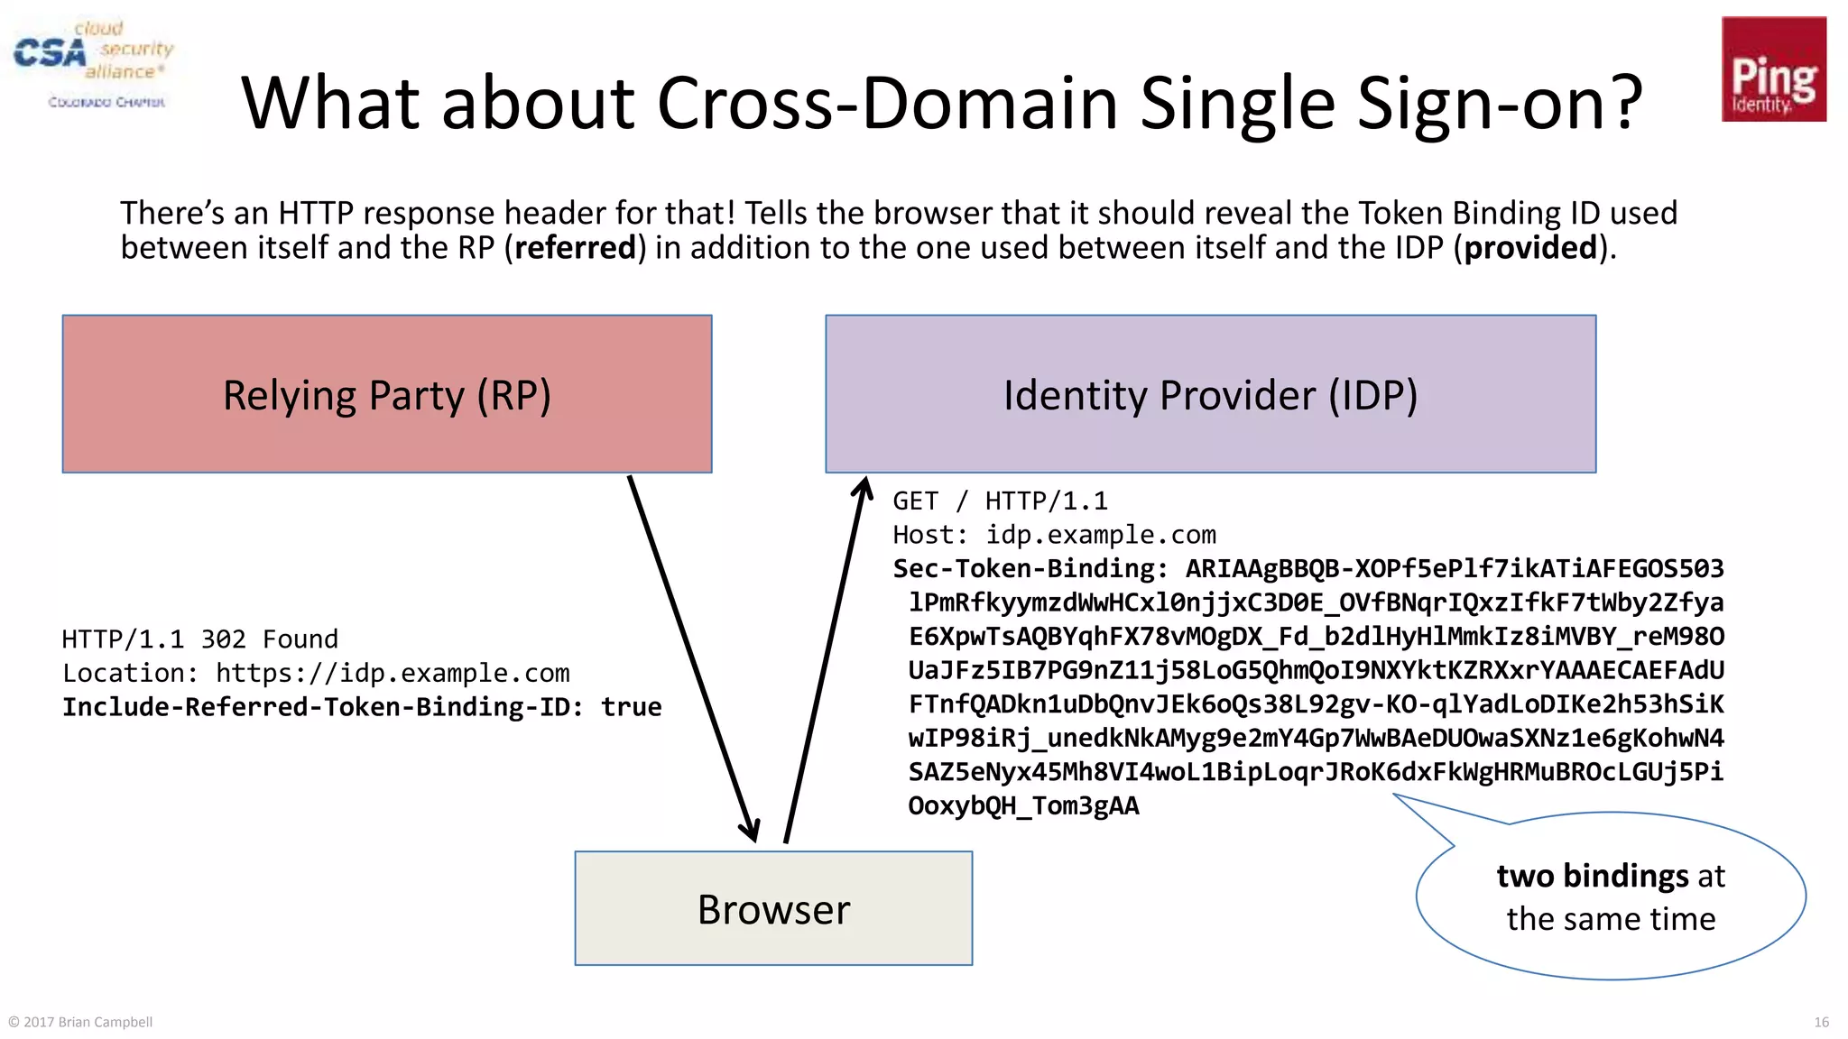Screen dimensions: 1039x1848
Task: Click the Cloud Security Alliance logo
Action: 93,63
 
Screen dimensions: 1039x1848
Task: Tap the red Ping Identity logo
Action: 1773,69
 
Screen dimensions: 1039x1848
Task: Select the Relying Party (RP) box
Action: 387,394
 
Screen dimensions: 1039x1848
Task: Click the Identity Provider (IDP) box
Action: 1210,394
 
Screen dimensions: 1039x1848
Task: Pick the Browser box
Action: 773,908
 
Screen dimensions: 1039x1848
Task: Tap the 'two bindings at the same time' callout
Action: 1611,897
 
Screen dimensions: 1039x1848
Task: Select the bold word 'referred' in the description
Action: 575,248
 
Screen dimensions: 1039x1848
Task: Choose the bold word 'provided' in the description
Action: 1530,248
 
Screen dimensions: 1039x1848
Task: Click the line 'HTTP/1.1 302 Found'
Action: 200,639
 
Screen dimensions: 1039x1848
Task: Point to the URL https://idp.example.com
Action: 393,674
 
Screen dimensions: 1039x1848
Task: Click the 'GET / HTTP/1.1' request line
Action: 1000,501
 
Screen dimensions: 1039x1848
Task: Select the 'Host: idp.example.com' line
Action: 1054,535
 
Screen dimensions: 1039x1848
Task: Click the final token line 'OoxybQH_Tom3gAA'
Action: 1023,805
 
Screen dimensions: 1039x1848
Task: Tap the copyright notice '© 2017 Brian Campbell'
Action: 80,1022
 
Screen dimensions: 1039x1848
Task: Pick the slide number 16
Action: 1821,1022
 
